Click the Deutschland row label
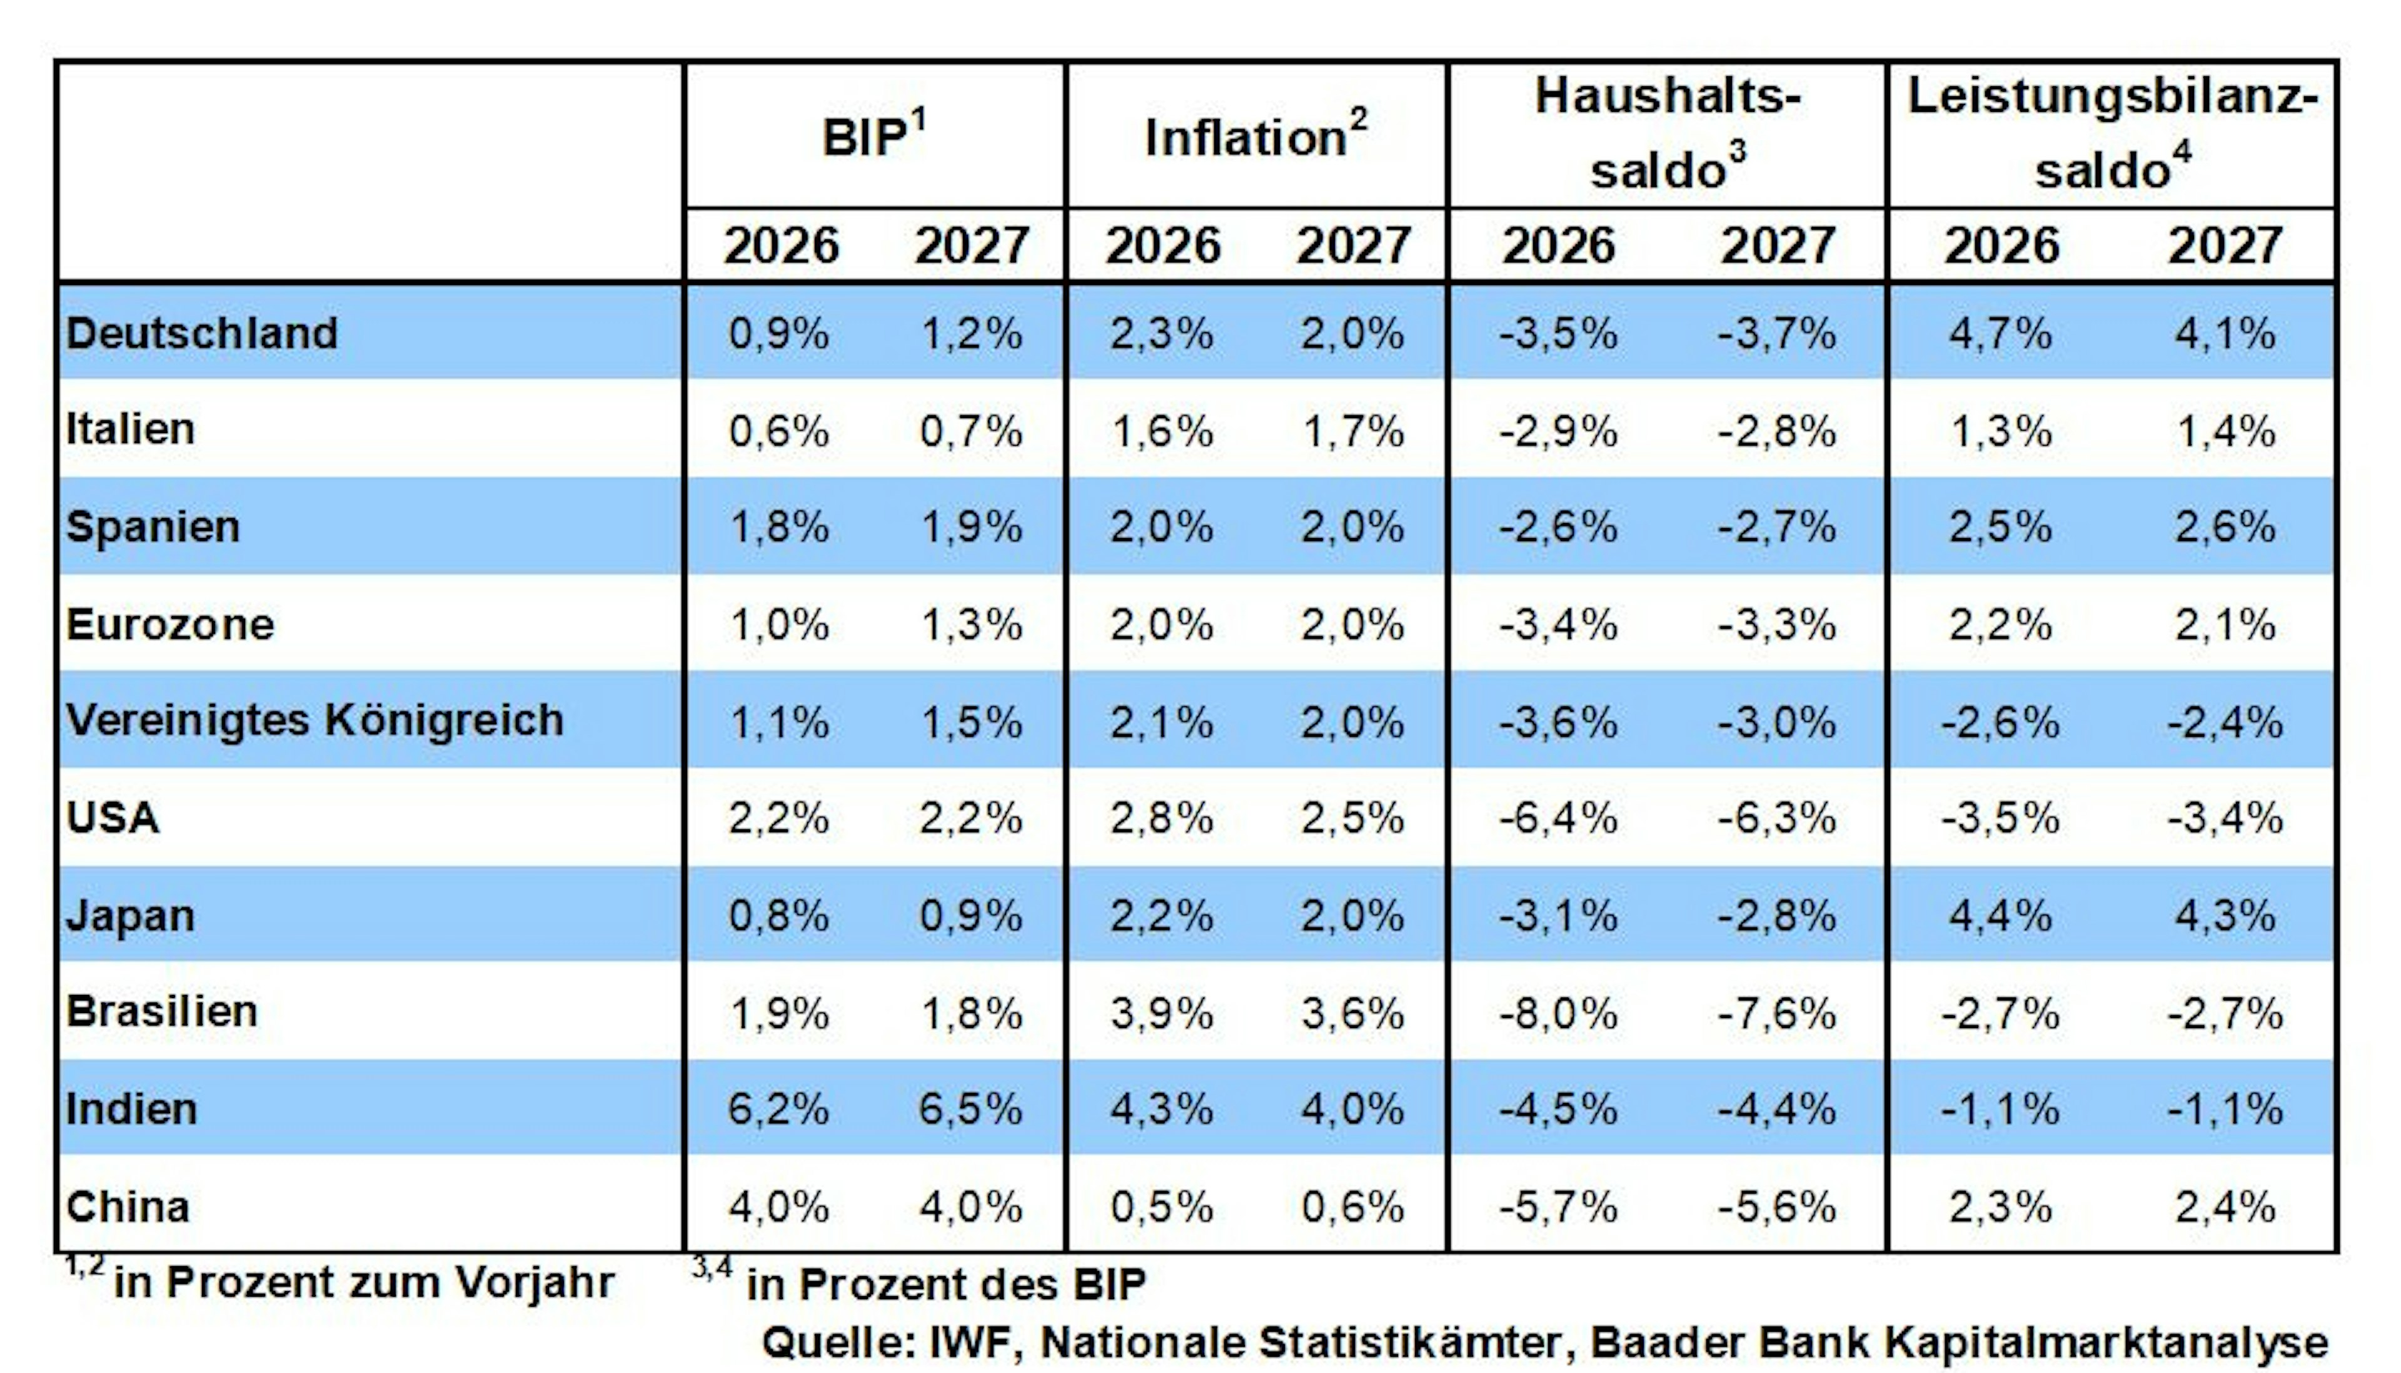click(202, 334)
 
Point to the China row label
click(128, 1207)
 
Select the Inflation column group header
click(1256, 135)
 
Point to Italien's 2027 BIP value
click(971, 432)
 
